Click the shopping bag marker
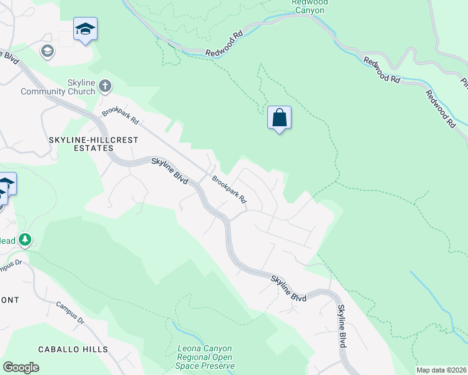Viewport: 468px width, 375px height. [279, 117]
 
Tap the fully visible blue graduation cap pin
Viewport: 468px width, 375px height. [85, 29]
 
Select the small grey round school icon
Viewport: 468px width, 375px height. [47, 51]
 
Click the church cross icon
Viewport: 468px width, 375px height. [105, 86]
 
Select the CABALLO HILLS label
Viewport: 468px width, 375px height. [73, 349]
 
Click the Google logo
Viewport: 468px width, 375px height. [21, 367]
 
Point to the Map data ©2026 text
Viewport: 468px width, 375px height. [440, 370]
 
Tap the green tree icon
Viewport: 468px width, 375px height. [25, 239]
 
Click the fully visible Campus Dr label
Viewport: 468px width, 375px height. [69, 314]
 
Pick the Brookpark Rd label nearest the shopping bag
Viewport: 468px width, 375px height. [229, 191]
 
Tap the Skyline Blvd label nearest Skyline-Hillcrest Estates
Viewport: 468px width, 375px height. [170, 169]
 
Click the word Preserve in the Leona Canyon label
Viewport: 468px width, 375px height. [214, 366]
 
